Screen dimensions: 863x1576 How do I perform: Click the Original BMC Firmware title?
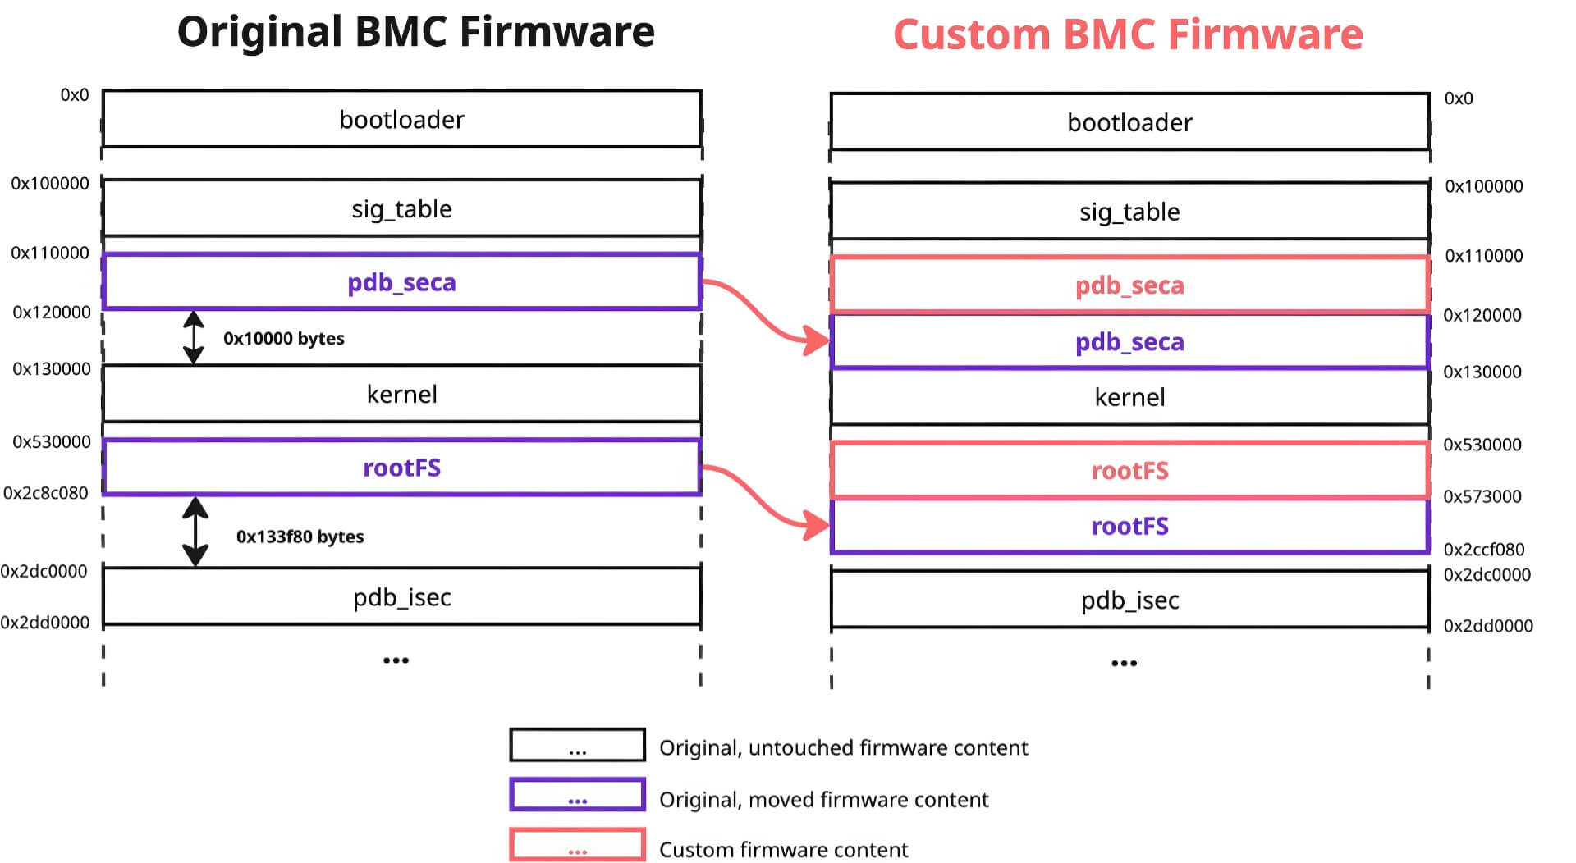(415, 33)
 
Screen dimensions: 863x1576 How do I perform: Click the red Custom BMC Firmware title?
(1128, 35)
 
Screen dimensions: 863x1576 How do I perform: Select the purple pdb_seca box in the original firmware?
(401, 282)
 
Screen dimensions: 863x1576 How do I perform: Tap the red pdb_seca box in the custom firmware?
(1129, 285)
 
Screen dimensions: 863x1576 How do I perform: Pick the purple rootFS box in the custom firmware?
(1129, 527)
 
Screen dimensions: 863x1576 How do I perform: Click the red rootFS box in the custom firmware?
(1129, 471)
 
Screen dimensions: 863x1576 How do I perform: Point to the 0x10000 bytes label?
(283, 339)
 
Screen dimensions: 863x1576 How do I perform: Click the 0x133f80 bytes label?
(300, 537)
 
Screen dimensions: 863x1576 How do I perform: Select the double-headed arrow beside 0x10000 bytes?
(194, 337)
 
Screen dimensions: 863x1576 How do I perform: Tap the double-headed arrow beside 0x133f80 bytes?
(195, 532)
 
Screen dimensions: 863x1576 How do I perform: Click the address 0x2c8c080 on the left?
(46, 493)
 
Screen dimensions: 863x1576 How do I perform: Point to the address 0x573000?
(1482, 496)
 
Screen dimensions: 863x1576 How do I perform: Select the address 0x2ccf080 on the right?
(1483, 550)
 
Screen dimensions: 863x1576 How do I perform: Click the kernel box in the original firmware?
(401, 395)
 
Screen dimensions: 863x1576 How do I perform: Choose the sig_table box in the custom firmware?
(1129, 212)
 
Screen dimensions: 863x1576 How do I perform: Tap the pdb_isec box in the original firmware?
(401, 597)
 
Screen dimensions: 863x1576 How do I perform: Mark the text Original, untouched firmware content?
(843, 748)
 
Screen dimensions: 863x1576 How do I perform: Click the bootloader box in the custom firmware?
(1129, 123)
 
